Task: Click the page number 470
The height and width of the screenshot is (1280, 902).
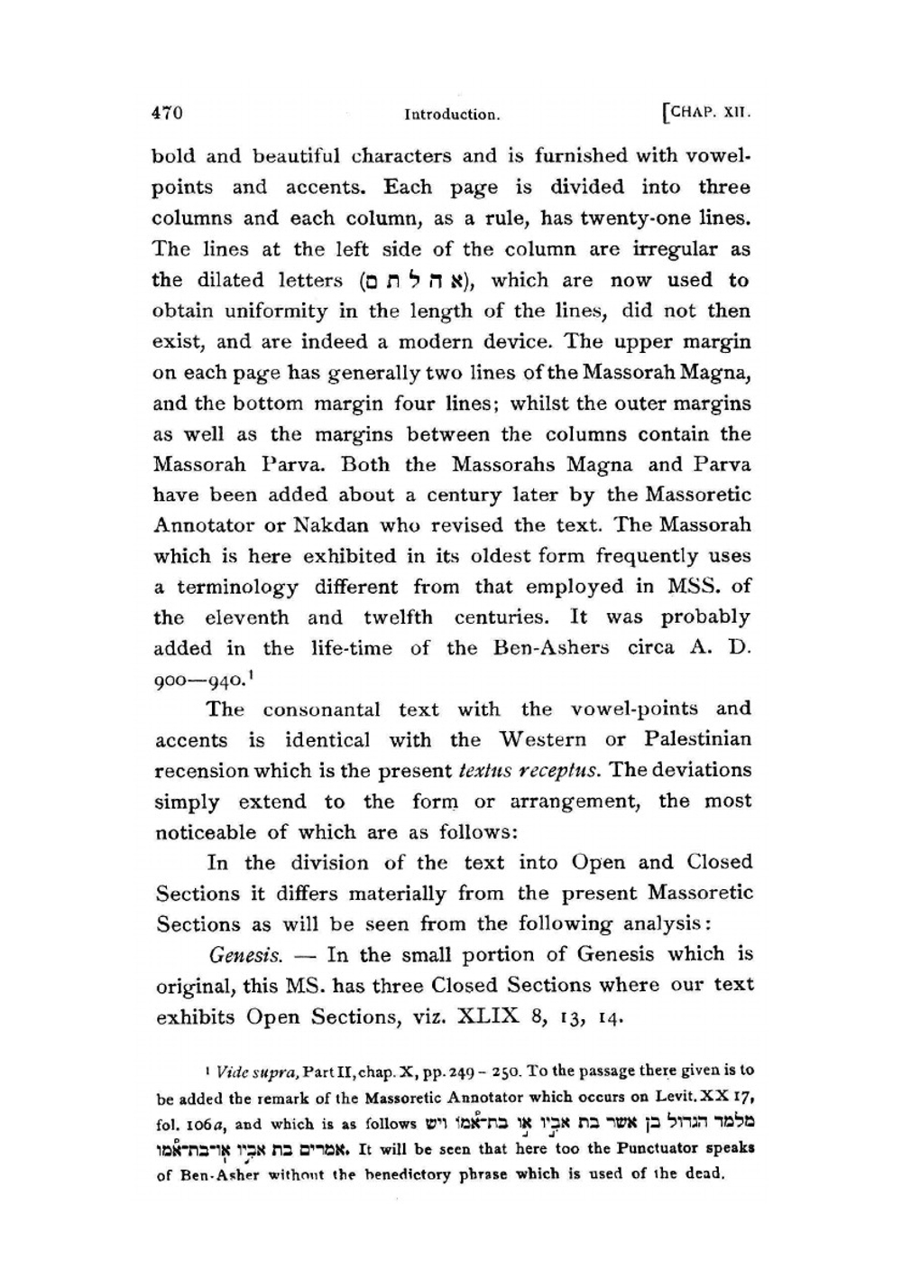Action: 167,113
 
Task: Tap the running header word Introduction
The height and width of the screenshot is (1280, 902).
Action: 452,115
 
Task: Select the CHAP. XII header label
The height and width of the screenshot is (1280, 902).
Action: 707,114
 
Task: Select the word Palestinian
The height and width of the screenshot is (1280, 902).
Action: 697,739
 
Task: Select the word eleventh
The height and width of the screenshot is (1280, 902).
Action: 246,618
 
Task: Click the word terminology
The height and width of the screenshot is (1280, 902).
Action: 237,588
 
